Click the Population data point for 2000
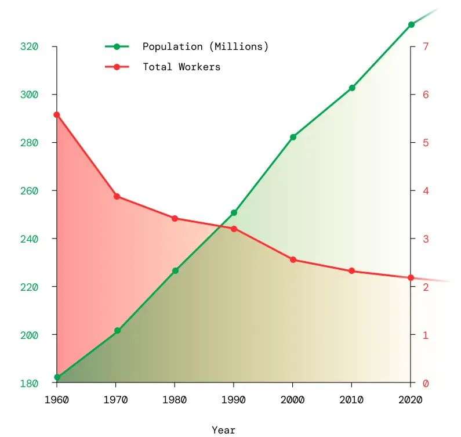click(x=293, y=138)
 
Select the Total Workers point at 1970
click(x=117, y=197)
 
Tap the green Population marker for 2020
click(x=411, y=25)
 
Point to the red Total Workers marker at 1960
click(x=57, y=115)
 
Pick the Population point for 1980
click(x=175, y=271)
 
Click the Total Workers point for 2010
click(x=352, y=271)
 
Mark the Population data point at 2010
click(x=352, y=88)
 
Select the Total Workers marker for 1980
click(x=175, y=219)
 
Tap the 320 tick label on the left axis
click(x=29, y=46)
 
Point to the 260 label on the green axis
click(x=29, y=191)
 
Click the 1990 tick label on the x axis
click(x=234, y=400)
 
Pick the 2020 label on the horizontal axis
click(x=411, y=400)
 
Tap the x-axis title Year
click(x=224, y=430)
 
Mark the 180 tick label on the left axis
click(x=29, y=384)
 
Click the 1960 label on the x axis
click(x=57, y=400)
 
